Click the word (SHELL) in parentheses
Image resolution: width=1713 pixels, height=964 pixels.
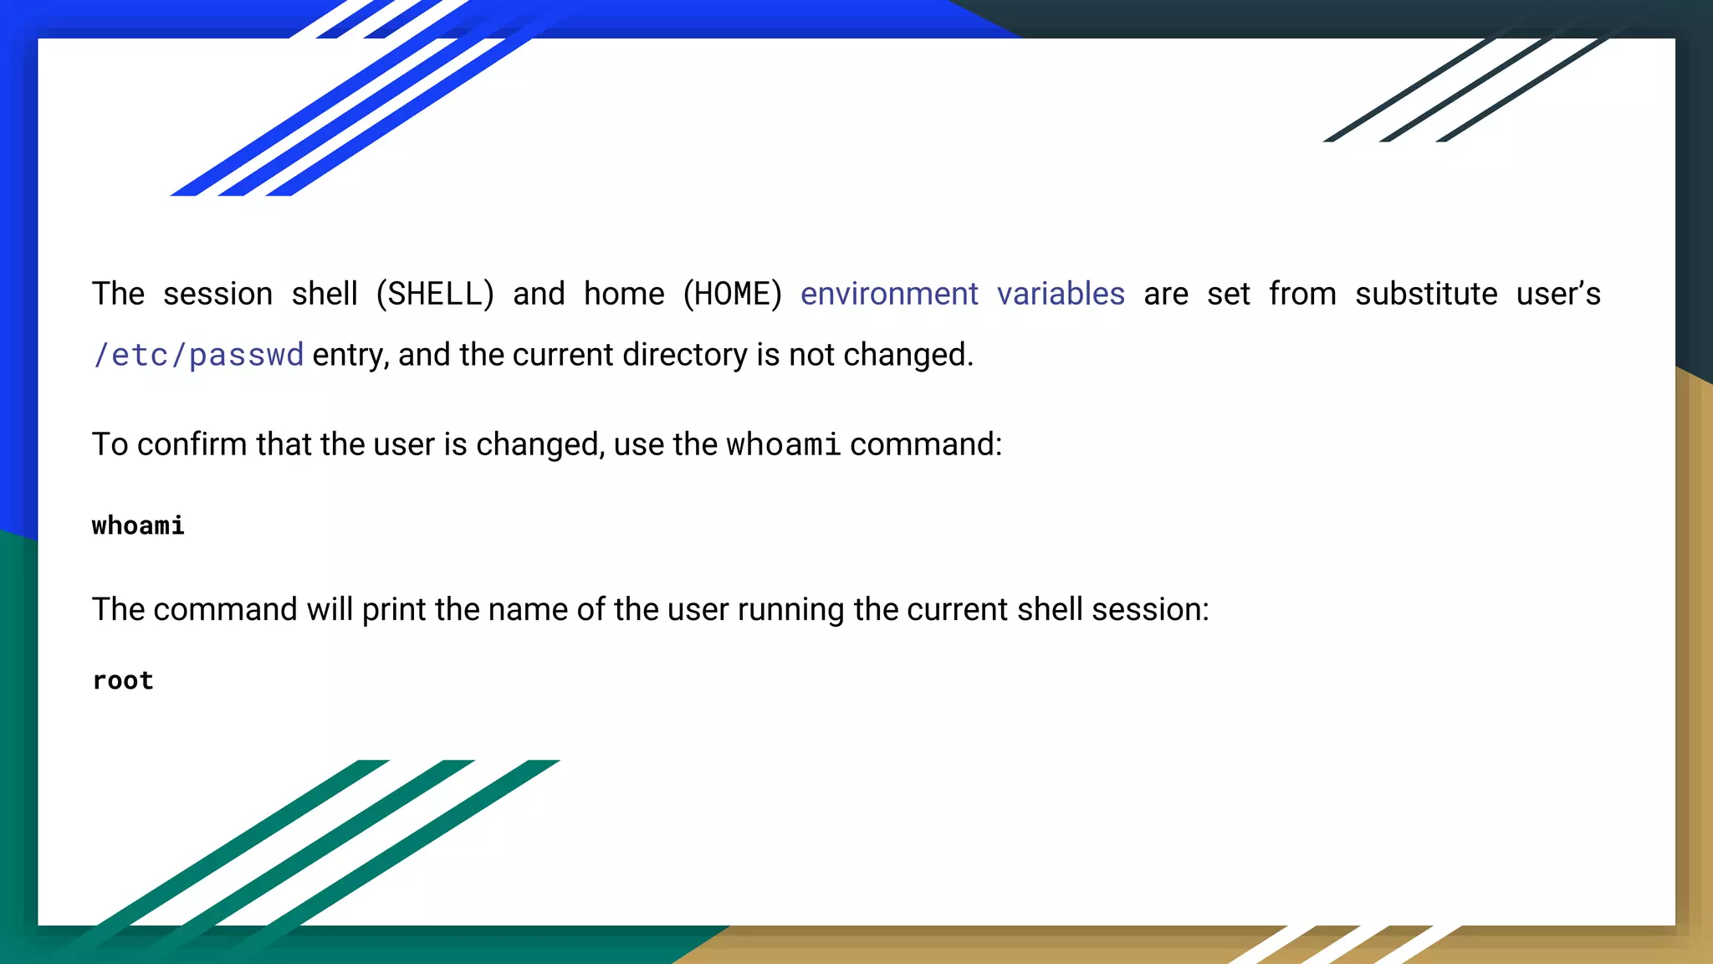coord(435,295)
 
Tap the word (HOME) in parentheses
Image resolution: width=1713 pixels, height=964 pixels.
coord(732,295)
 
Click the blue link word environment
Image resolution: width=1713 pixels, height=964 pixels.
coord(888,295)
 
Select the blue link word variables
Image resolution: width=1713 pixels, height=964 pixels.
coord(1061,295)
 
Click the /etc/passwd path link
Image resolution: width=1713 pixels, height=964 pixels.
coord(198,356)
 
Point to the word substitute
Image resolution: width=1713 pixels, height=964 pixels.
coord(1426,295)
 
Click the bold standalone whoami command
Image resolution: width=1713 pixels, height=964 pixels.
coord(138,526)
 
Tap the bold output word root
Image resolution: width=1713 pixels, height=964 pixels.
coord(123,680)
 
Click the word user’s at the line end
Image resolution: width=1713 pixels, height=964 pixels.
coord(1558,295)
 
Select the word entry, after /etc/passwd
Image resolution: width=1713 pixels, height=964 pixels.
coord(350,356)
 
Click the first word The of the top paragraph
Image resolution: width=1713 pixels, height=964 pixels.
coord(118,295)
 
